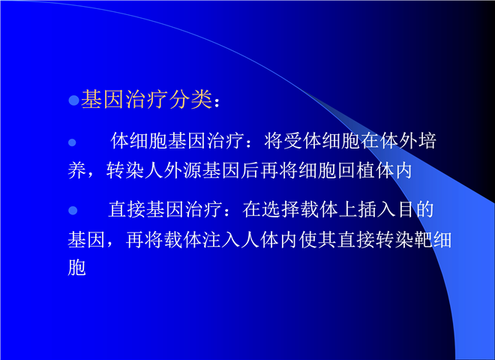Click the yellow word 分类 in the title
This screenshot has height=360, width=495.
190,100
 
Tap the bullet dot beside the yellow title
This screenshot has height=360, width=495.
73,100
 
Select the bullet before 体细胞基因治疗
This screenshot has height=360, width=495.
72,142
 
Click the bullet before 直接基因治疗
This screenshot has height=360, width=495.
73,210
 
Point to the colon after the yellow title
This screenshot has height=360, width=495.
217,102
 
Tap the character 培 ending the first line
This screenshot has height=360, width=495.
427,141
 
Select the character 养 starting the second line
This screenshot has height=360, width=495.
77,170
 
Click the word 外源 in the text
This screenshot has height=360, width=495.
183,170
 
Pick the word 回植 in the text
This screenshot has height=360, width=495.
356,170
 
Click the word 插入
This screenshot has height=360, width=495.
376,209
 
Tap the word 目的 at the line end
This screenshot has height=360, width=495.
415,209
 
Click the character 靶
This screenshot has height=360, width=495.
423,240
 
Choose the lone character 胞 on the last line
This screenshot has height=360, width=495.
76,268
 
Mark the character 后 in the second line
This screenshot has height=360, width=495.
250,170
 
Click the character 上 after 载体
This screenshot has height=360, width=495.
348,209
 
